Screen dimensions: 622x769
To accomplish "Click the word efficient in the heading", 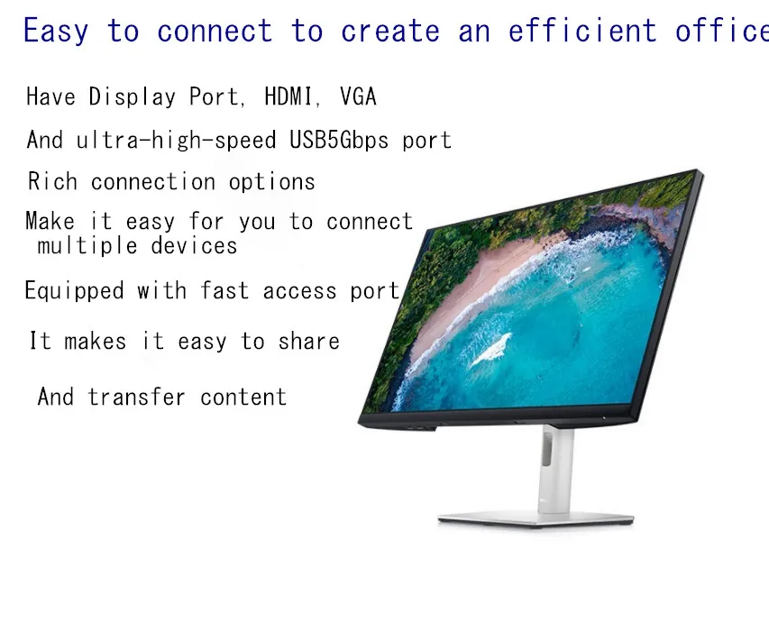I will coord(582,32).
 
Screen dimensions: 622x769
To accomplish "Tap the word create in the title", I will coord(389,32).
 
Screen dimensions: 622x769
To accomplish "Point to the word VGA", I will coord(358,96).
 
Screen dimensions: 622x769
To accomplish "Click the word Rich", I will coord(53,182).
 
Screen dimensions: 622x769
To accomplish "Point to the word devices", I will coord(194,246).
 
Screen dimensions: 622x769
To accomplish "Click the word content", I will coord(243,398).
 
